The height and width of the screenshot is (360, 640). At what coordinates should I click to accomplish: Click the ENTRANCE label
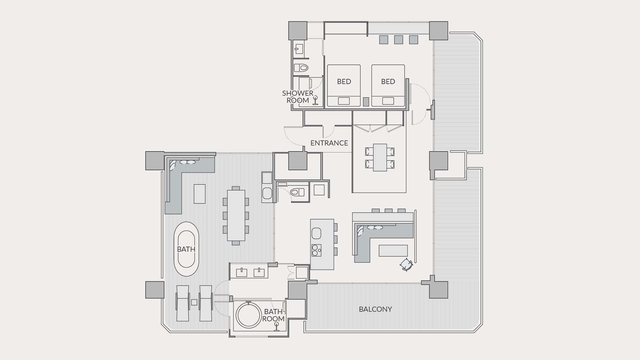pyautogui.click(x=329, y=143)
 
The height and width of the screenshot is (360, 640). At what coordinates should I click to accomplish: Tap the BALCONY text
pyautogui.click(x=375, y=309)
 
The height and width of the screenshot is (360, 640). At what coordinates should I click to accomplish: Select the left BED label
pyautogui.click(x=344, y=82)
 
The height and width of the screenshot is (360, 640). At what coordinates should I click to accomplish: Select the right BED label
pyautogui.click(x=388, y=82)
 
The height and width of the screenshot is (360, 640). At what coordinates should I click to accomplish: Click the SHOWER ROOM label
pyautogui.click(x=298, y=97)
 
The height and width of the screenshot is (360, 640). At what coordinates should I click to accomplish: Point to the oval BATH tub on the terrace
pyautogui.click(x=186, y=249)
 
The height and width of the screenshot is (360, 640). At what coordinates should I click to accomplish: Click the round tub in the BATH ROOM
pyautogui.click(x=248, y=315)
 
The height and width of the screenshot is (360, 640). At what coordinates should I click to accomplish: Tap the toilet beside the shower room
pyautogui.click(x=301, y=68)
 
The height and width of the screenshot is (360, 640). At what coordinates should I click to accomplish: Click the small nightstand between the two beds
pyautogui.click(x=366, y=102)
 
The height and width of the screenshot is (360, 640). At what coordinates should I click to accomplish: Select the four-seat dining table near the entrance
pyautogui.click(x=380, y=157)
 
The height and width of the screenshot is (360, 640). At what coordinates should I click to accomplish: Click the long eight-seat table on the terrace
pyautogui.click(x=236, y=215)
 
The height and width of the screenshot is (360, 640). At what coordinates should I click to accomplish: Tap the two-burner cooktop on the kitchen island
pyautogui.click(x=316, y=250)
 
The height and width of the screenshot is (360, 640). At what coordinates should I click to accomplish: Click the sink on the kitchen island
pyautogui.click(x=316, y=233)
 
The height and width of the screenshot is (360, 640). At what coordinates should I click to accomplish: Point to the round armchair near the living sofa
pyautogui.click(x=406, y=265)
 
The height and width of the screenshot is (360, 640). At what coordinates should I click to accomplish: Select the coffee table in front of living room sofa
pyautogui.click(x=393, y=251)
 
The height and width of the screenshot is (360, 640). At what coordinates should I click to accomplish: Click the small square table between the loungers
pyautogui.click(x=194, y=302)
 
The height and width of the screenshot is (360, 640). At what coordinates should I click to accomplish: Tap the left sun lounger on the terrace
pyautogui.click(x=183, y=303)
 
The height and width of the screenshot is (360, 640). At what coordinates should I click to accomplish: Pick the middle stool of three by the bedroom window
pyautogui.click(x=398, y=40)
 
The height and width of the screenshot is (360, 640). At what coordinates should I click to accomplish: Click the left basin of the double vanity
pyautogui.click(x=241, y=272)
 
